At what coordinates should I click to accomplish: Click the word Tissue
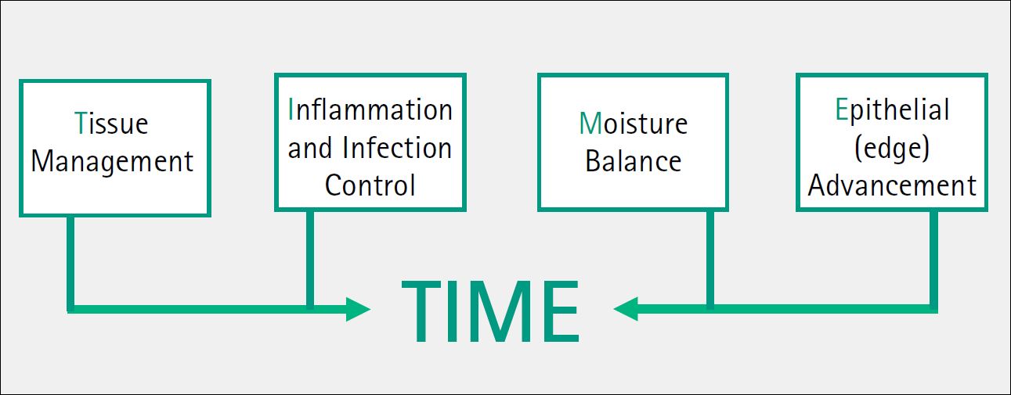111,123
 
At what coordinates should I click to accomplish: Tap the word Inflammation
370,110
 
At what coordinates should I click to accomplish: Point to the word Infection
397,148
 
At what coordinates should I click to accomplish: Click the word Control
370,185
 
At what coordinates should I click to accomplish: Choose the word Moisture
634,123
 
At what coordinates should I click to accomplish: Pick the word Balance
634,161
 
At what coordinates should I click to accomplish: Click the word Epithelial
892,110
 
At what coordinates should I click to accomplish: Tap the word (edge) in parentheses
892,149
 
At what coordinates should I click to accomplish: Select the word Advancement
892,185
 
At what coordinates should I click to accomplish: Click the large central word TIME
490,311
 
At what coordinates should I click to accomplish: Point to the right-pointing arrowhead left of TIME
359,309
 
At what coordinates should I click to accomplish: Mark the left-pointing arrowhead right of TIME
626,309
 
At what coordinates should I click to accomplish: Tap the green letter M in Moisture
590,123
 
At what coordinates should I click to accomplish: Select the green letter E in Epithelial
841,110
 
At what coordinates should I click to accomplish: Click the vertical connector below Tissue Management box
70,263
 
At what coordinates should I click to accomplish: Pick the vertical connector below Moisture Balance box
710,260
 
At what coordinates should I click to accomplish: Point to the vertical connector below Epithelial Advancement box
933,260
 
